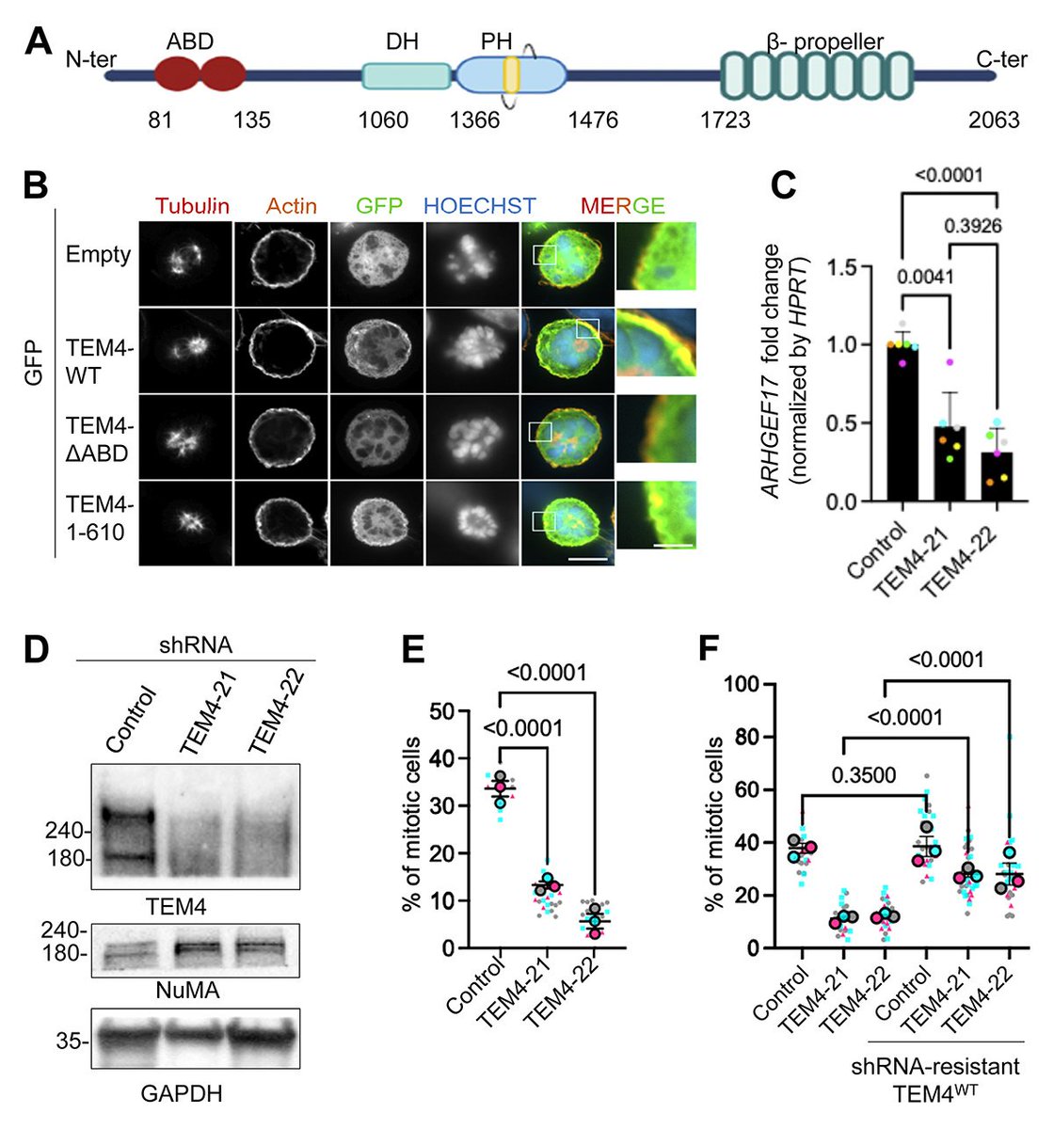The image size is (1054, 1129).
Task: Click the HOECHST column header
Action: pyautogui.click(x=480, y=205)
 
